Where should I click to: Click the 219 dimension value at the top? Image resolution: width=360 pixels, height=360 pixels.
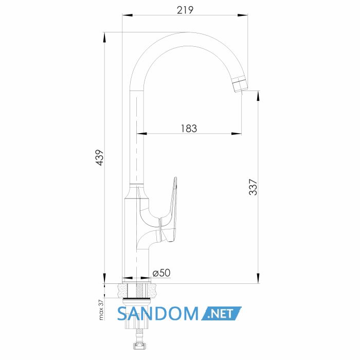coord(185,10)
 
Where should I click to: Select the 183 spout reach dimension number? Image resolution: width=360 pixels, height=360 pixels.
coord(189,129)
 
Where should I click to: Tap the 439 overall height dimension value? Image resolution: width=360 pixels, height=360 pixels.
coord(100,157)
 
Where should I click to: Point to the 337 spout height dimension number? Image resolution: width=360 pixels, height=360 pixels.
coord(253,187)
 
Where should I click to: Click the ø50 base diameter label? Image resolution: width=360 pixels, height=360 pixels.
coord(161,273)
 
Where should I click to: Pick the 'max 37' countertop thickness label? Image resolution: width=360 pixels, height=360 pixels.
coord(101,310)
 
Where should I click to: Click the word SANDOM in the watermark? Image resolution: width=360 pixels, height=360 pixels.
coord(158,313)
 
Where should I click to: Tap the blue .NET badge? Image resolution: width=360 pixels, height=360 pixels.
coord(221,313)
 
